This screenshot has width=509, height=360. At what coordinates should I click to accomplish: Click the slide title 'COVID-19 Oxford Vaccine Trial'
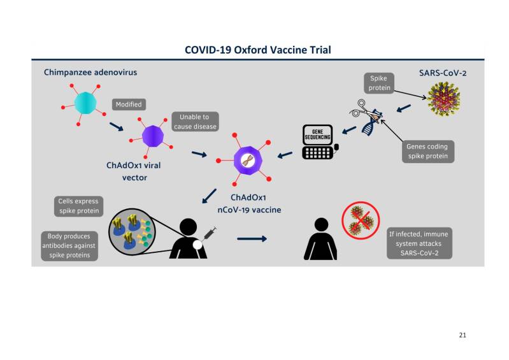click(257, 49)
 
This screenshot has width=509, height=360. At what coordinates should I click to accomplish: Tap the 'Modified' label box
click(129, 104)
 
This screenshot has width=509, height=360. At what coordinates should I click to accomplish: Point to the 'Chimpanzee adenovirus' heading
click(90, 73)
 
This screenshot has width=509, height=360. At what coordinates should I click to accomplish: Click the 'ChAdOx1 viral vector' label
click(134, 171)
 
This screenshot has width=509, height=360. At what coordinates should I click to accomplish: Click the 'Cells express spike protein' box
click(78, 205)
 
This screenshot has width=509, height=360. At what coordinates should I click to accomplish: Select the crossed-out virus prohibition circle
click(360, 222)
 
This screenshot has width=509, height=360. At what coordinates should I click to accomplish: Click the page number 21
click(462, 335)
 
